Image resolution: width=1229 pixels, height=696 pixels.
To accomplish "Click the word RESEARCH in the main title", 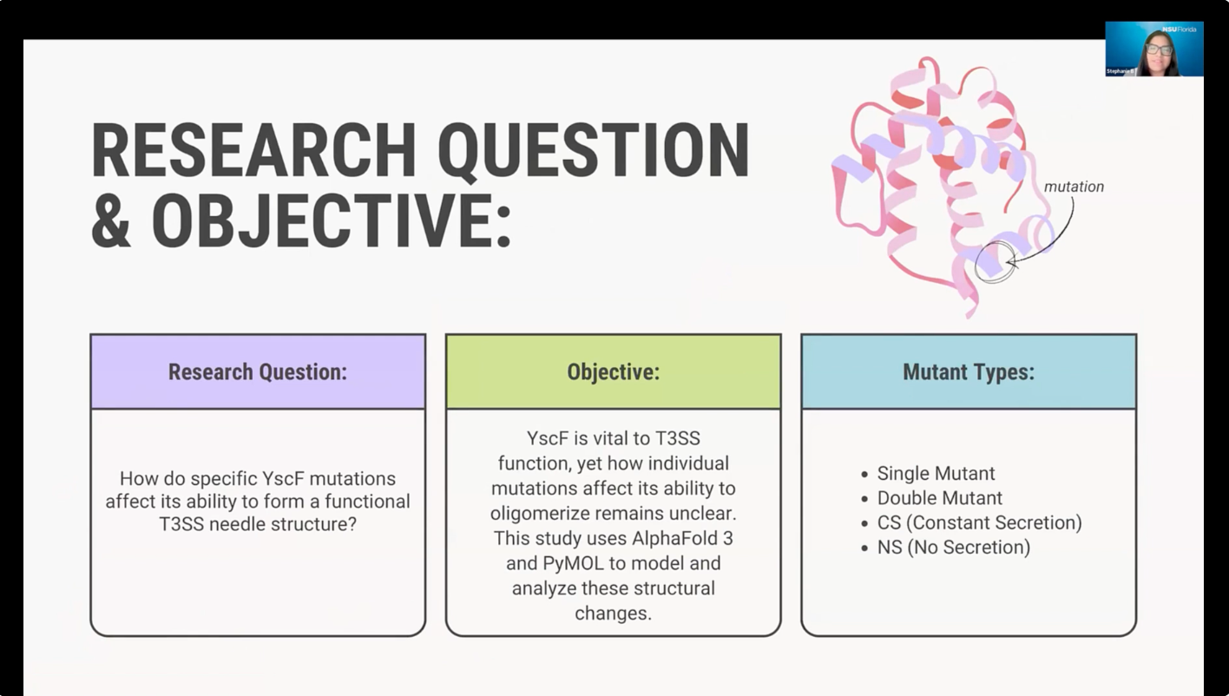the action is [x=253, y=150].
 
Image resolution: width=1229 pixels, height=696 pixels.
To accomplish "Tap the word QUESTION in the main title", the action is [x=594, y=151].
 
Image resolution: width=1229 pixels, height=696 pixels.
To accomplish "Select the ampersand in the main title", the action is [x=111, y=220].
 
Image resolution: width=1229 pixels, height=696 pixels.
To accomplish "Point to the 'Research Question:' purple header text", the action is [x=258, y=371].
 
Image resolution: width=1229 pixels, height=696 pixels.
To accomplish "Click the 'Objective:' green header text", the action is [x=614, y=371].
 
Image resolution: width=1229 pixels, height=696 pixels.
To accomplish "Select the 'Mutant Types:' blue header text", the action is [x=969, y=371].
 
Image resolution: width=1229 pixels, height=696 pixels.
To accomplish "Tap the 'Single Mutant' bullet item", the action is [x=936, y=473].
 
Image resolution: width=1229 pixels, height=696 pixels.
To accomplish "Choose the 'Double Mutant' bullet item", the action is [x=940, y=497].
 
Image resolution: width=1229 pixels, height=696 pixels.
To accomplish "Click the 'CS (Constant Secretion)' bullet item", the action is [x=979, y=522].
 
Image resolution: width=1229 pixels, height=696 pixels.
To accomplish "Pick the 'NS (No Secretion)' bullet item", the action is [x=954, y=547].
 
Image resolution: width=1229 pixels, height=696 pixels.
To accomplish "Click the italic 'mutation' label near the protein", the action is [x=1074, y=187].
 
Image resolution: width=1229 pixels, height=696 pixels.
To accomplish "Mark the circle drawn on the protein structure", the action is [x=976, y=262].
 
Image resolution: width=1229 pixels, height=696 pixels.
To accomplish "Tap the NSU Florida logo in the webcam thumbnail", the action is [x=1179, y=29].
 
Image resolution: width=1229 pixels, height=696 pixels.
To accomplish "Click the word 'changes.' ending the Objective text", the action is [x=614, y=614].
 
